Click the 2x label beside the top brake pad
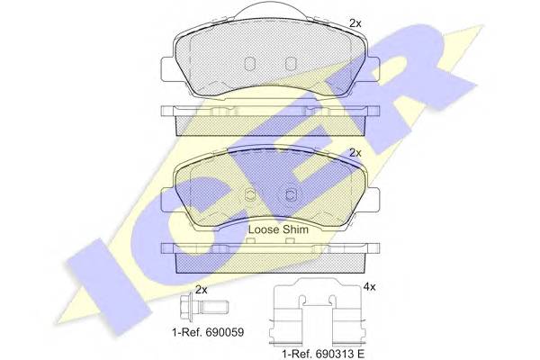point(355,23)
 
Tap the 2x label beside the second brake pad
point(355,153)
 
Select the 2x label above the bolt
point(201,290)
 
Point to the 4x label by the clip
point(369,287)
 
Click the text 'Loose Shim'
point(278,229)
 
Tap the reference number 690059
point(224,332)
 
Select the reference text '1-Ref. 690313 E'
point(323,354)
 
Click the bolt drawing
point(204,306)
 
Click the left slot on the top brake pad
point(249,63)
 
